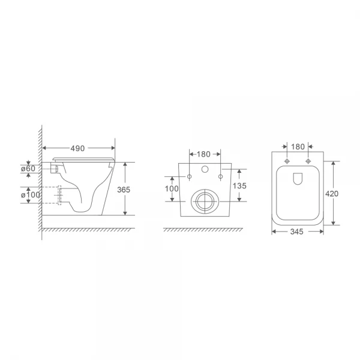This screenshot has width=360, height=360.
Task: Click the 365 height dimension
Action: point(124,189)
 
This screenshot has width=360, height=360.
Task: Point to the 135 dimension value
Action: point(239,185)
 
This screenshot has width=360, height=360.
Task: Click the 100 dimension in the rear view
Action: point(172,189)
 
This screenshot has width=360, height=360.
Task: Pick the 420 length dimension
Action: point(332,193)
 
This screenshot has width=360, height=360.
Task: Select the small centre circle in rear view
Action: point(205,170)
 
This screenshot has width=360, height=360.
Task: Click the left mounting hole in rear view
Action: point(190,176)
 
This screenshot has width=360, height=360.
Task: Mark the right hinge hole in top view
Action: point(308,161)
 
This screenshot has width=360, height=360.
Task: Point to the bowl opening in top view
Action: point(298,179)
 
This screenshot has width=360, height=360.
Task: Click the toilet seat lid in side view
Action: point(84,158)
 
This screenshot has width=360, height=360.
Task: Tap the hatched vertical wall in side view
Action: point(40,180)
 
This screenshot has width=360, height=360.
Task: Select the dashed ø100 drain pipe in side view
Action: point(59,195)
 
